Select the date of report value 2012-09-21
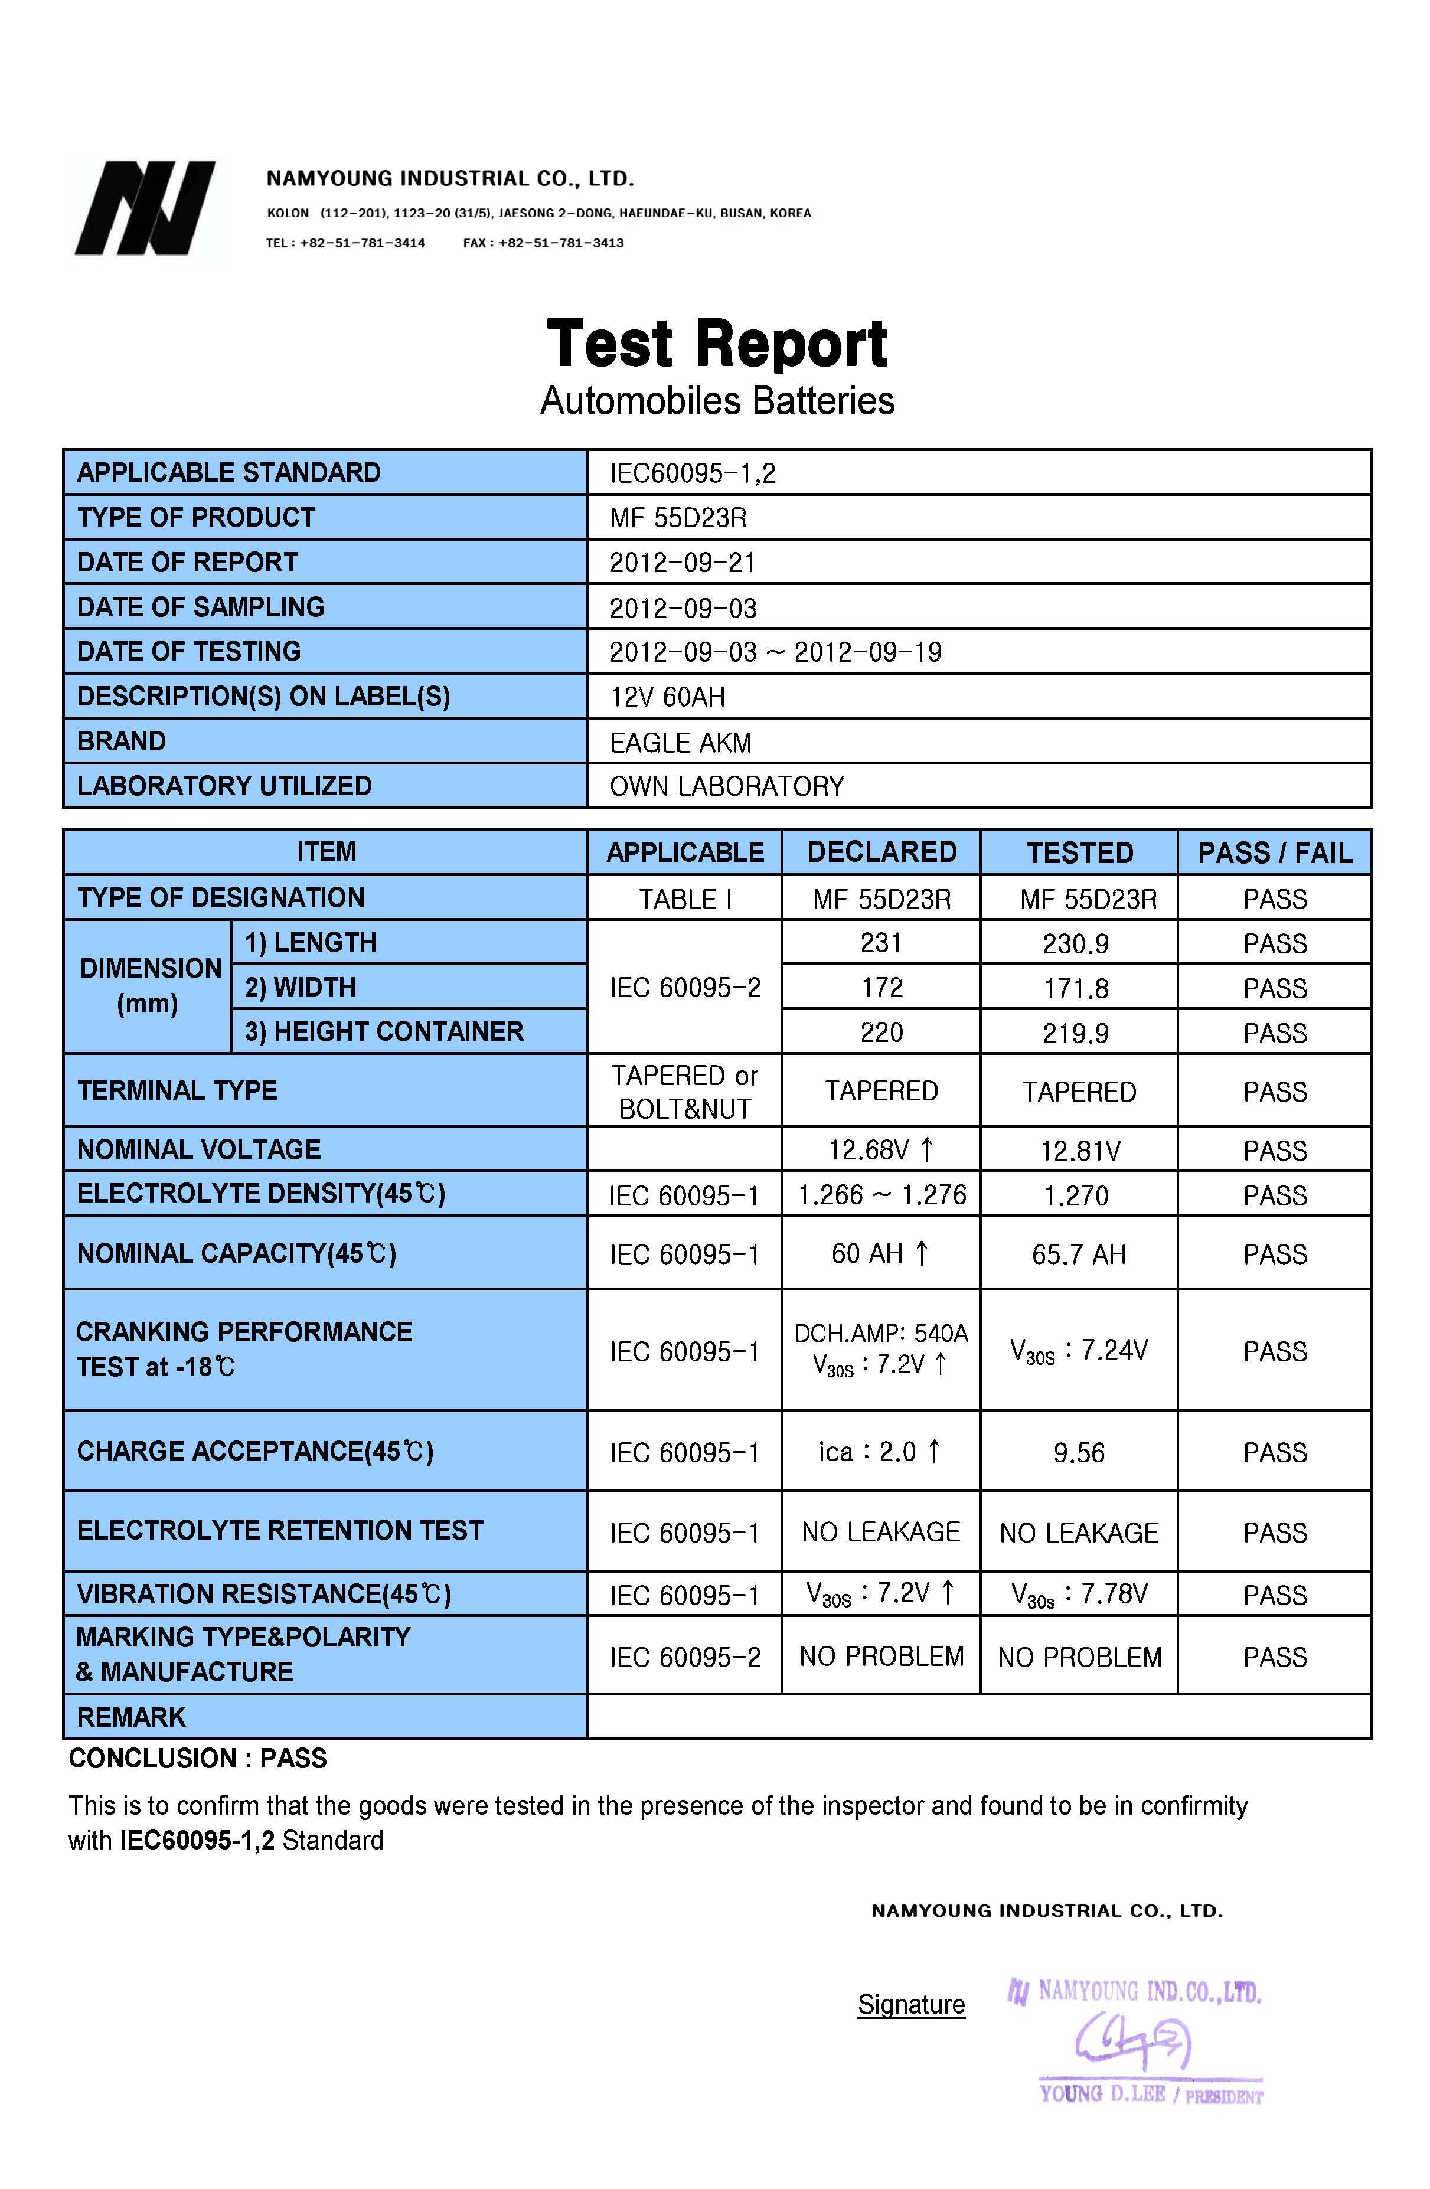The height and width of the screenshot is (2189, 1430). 683,562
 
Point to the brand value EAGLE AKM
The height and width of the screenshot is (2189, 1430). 681,742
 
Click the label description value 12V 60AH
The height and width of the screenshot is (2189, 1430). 668,697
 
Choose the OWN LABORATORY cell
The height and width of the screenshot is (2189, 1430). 726,786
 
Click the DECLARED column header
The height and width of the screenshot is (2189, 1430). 881,852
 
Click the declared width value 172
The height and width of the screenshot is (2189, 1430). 881,988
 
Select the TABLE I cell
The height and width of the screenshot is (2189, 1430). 685,899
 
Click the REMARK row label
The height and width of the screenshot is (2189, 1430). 132,1717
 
